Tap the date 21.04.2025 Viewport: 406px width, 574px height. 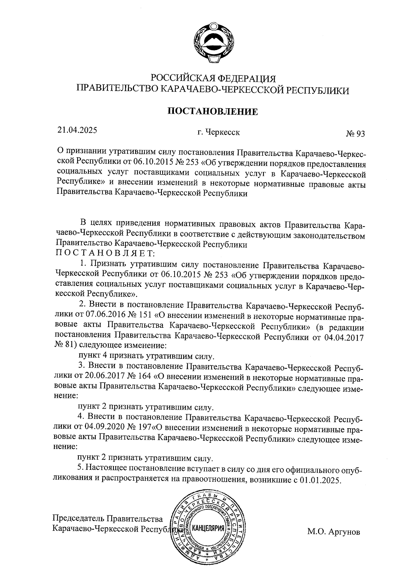(x=77, y=130)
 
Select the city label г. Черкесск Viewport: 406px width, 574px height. (x=219, y=132)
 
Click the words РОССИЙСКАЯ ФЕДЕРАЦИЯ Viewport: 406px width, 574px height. (x=213, y=78)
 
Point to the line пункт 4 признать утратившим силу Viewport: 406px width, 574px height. (x=146, y=356)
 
